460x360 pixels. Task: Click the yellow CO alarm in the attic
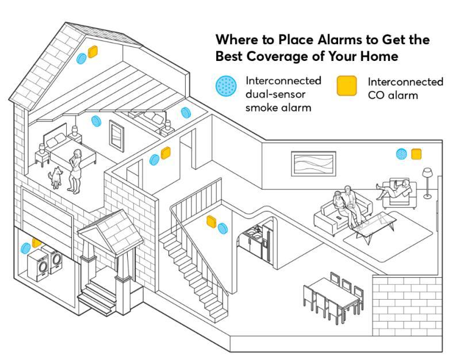pyautogui.click(x=93, y=52)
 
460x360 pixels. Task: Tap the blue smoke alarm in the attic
pyautogui.click(x=81, y=58)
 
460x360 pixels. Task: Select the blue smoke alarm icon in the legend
pyautogui.click(x=226, y=85)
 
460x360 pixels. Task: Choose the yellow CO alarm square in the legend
pyautogui.click(x=347, y=86)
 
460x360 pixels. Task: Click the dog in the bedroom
pyautogui.click(x=56, y=177)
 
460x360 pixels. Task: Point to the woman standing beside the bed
pyautogui.click(x=75, y=171)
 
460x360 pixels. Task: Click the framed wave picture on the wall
pyautogui.click(x=313, y=164)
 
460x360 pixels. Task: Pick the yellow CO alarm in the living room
pyautogui.click(x=416, y=154)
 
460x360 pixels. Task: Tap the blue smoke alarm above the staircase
pyautogui.click(x=223, y=228)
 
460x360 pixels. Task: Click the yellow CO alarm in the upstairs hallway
pyautogui.click(x=166, y=152)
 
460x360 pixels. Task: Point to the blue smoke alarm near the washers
pyautogui.click(x=25, y=248)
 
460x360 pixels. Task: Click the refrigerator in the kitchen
pyautogui.click(x=267, y=243)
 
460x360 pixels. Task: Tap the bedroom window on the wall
pyautogui.click(x=117, y=136)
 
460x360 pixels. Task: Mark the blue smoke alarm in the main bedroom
pyautogui.click(x=96, y=121)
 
